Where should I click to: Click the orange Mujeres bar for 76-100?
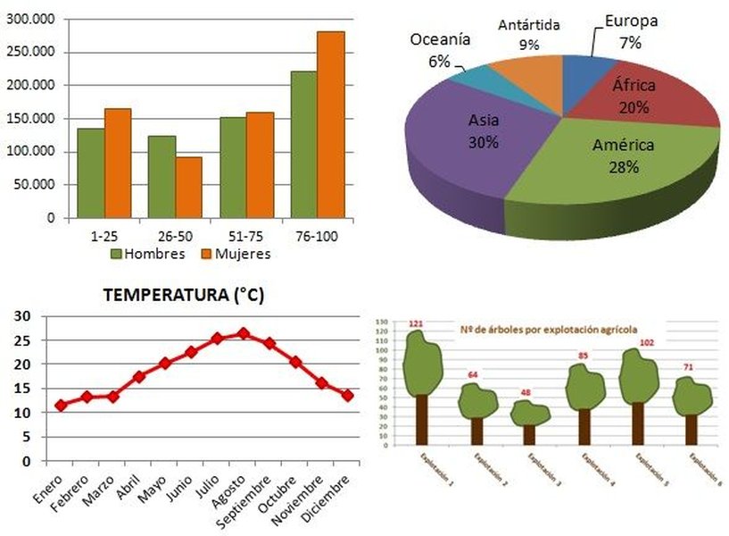[x=330, y=124]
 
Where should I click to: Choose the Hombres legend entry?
[x=148, y=254]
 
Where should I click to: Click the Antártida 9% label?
[x=529, y=34]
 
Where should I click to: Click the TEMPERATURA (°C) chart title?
[x=184, y=296]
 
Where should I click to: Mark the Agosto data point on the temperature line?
[x=243, y=333]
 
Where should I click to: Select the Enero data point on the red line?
[x=61, y=405]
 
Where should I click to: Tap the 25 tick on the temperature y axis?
[x=22, y=340]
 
